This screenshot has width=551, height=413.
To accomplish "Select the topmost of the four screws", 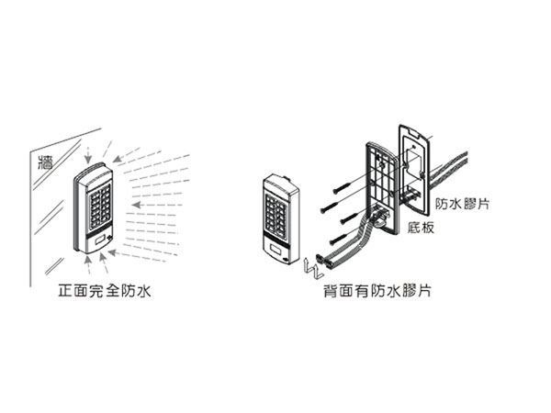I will pos(343,187).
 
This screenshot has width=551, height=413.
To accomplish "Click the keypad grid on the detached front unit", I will pos(276,213).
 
